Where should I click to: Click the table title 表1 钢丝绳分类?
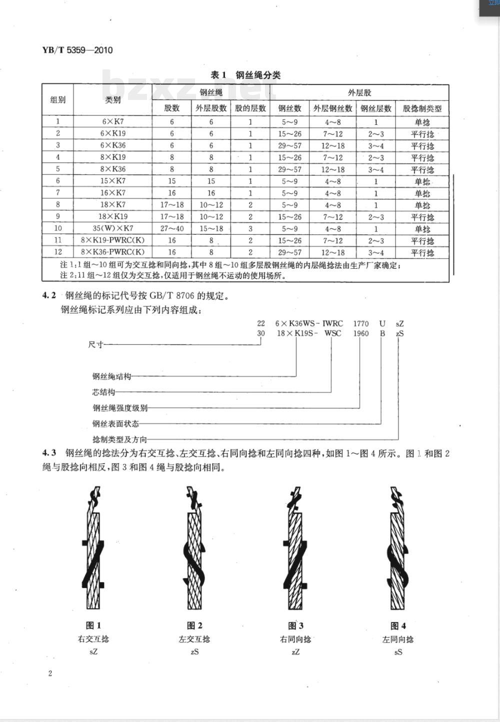pos(245,75)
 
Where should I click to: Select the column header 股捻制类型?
pos(422,108)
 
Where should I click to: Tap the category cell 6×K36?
pos(112,146)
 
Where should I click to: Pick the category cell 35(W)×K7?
pos(112,229)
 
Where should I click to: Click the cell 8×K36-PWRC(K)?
pos(112,253)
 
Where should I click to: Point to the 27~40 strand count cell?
pos(172,229)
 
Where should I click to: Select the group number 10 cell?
pos(58,229)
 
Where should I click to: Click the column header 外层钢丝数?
pos(332,108)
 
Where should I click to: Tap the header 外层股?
pos(359,92)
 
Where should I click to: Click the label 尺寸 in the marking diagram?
pos(95,345)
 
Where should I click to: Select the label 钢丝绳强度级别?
pos(120,408)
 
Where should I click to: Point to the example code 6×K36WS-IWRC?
pos(309,324)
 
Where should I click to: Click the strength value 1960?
pos(360,334)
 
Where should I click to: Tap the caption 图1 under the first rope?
pos(93,626)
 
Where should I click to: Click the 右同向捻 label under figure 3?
pos(295,639)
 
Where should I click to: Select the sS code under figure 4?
pos(398,652)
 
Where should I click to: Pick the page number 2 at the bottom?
pos(50,674)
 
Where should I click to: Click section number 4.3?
pos(48,454)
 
